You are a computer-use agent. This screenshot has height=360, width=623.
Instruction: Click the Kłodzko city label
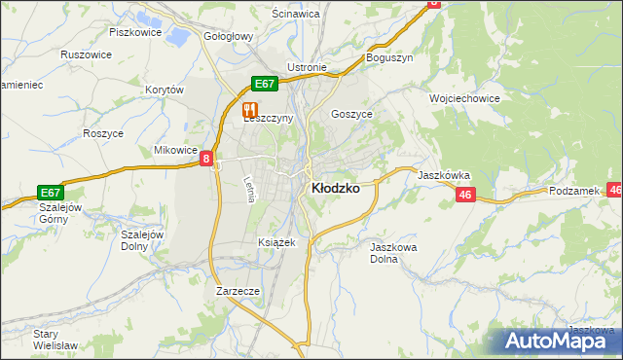tap(334, 189)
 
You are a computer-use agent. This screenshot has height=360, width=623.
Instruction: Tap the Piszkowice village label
tap(133, 32)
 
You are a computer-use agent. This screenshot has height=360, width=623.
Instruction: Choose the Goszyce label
tap(352, 113)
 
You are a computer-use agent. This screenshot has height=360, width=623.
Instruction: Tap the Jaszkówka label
tap(444, 175)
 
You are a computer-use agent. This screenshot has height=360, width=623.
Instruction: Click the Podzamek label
tap(575, 192)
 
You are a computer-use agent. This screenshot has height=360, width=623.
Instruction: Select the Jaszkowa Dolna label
tap(394, 253)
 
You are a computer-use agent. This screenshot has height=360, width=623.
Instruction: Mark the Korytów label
tap(165, 90)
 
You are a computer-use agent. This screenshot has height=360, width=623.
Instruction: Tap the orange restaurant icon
tap(250, 110)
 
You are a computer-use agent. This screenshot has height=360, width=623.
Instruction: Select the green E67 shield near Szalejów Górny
tap(52, 193)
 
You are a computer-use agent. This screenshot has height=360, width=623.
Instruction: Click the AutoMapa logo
tap(561, 340)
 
